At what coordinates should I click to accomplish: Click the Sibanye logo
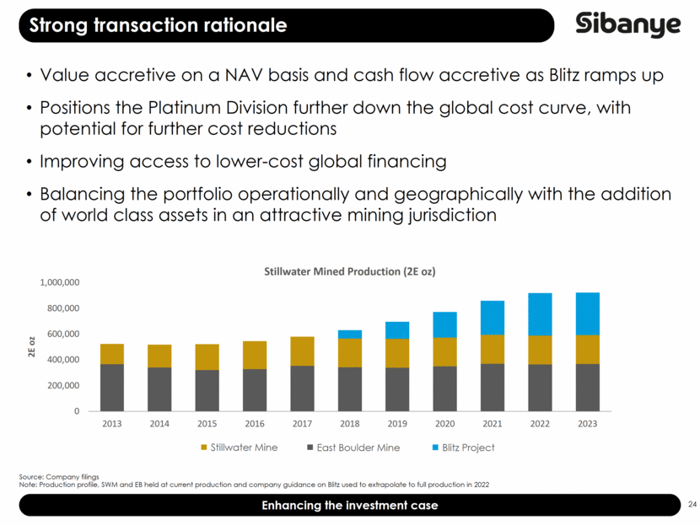coord(628,24)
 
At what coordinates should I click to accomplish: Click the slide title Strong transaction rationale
coord(158,25)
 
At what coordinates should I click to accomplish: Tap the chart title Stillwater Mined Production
coord(349,271)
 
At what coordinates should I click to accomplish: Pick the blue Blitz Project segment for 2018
coord(349,335)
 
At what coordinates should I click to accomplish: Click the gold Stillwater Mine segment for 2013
coord(111,354)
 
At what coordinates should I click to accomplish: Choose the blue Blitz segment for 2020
coord(445,324)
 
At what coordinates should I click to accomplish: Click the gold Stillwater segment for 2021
coord(493,349)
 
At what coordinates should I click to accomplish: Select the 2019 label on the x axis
coord(397,424)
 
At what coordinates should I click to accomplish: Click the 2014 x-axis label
coord(159,424)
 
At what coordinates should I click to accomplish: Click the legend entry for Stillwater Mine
coord(237,447)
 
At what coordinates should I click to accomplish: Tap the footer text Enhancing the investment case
coord(349,505)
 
